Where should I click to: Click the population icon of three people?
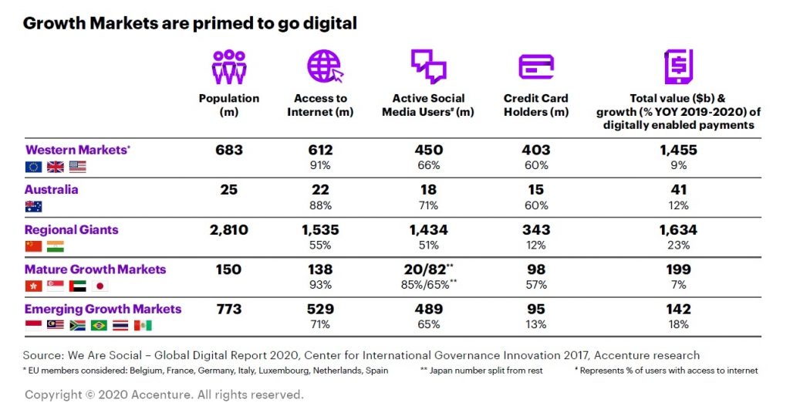click(x=229, y=66)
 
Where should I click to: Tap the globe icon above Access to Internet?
click(x=324, y=66)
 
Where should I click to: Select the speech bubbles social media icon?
click(x=428, y=66)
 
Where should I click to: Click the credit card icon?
click(x=535, y=67)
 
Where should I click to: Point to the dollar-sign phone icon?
click(x=678, y=66)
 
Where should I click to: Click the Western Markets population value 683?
click(x=228, y=150)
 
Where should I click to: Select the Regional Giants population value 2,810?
click(x=228, y=230)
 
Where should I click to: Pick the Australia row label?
click(x=52, y=190)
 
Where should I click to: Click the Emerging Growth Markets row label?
click(x=103, y=310)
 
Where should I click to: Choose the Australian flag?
click(x=33, y=206)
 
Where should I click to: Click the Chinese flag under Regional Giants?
click(x=33, y=246)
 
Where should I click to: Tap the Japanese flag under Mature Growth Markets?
click(x=100, y=286)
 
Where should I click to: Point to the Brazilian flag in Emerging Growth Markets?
click(x=100, y=325)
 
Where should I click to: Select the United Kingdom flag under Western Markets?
click(x=56, y=167)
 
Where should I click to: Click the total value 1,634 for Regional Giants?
click(x=678, y=230)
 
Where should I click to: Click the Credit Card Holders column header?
click(x=535, y=105)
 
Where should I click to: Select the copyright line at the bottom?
click(x=164, y=395)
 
